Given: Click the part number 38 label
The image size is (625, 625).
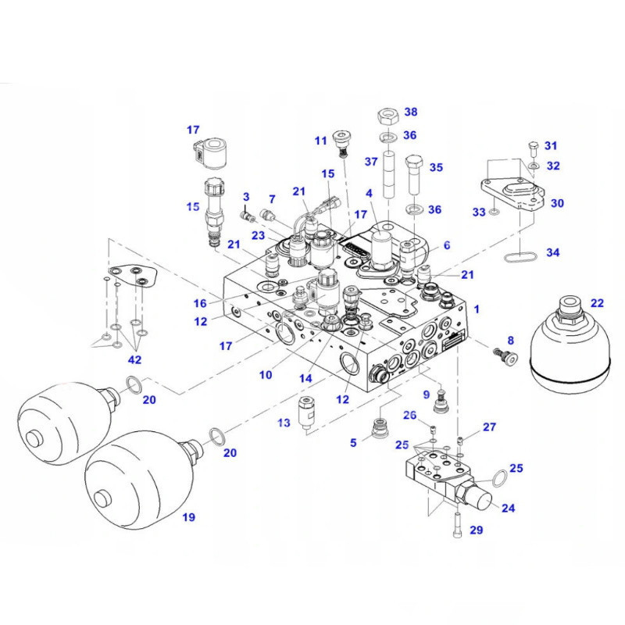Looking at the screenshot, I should click(x=410, y=112).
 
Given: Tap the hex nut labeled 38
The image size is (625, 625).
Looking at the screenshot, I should click(x=389, y=116).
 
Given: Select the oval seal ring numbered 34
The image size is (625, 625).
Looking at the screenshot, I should click(x=518, y=255).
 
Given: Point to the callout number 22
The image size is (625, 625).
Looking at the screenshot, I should click(x=597, y=302).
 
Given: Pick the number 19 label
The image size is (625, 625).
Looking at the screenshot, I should click(x=188, y=516).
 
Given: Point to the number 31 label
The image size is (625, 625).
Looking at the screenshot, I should click(x=552, y=145).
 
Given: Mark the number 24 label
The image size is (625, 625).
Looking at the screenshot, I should click(x=509, y=508).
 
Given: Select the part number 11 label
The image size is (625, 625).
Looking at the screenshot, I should click(x=320, y=141).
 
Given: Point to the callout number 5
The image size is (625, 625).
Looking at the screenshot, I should click(x=353, y=442).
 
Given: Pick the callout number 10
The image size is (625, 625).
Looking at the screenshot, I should click(x=266, y=374).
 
